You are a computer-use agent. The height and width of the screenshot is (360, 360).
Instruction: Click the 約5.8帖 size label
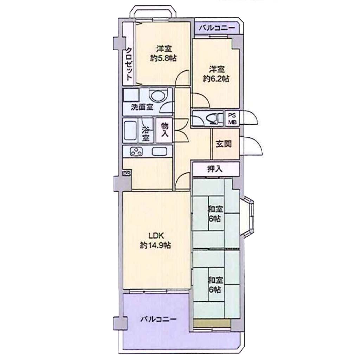click(x=163, y=58)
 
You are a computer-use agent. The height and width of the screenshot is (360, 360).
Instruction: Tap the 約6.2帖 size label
click(x=216, y=79)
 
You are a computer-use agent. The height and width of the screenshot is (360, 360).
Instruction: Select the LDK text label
click(x=156, y=236)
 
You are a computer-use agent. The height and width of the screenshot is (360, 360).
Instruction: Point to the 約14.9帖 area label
click(x=155, y=245)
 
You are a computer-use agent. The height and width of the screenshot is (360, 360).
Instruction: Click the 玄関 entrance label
click(x=224, y=144)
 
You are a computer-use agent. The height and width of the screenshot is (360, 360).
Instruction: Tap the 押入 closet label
click(x=215, y=169)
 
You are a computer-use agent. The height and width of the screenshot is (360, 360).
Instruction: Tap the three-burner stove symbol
click(x=136, y=152)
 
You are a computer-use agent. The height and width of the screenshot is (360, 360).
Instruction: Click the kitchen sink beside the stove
click(x=159, y=151)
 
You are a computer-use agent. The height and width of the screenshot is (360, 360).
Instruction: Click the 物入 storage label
click(x=165, y=129)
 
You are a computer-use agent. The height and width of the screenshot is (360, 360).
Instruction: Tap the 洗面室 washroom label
click(x=142, y=107)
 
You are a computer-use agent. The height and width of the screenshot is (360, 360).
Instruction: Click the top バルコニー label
click(x=217, y=28)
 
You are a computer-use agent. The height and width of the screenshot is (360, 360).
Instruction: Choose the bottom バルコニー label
click(x=159, y=319)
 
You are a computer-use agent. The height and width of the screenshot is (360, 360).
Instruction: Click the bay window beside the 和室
click(x=247, y=217)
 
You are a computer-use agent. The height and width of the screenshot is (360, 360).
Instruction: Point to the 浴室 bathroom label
click(x=145, y=134)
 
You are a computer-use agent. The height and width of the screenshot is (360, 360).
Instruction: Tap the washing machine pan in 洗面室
click(x=131, y=95)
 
